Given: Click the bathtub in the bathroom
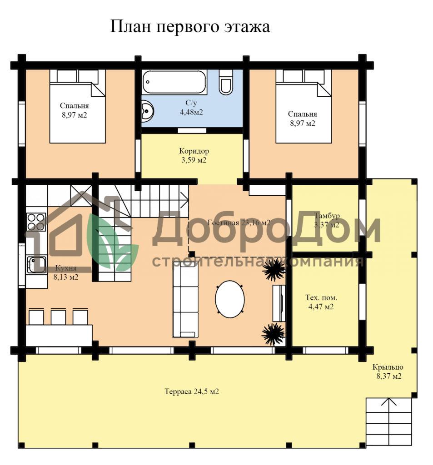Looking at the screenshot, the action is pyautogui.click(x=174, y=82).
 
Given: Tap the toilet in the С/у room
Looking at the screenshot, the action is pyautogui.click(x=226, y=83).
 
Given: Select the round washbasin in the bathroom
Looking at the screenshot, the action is pyautogui.click(x=147, y=111).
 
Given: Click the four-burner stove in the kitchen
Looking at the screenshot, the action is pyautogui.click(x=36, y=222).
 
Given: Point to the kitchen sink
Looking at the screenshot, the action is pyautogui.click(x=36, y=264).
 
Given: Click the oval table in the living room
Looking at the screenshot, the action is pyautogui.click(x=230, y=299).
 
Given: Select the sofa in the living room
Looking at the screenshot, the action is pyautogui.click(x=185, y=301).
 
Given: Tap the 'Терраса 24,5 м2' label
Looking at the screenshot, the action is pyautogui.click(x=192, y=391).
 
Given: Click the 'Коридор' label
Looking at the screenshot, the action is pyautogui.click(x=194, y=151).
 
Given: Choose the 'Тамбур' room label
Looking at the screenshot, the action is pyautogui.click(x=327, y=215).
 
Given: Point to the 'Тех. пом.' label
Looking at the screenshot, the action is pyautogui.click(x=321, y=297).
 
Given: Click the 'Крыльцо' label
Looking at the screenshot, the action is pyautogui.click(x=388, y=367).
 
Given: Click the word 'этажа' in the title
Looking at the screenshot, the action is pyautogui.click(x=247, y=27).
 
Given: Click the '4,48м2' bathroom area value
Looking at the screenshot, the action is pyautogui.click(x=191, y=112).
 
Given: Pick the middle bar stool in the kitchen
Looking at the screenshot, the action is pyautogui.click(x=58, y=317).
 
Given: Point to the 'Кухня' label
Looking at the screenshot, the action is pyautogui.click(x=66, y=268).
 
